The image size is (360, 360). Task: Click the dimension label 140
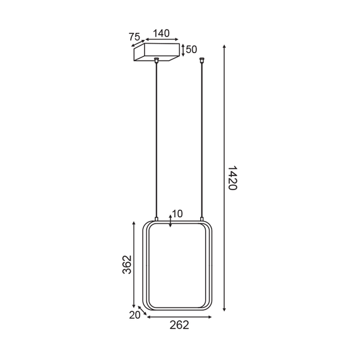pyautogui.click(x=161, y=33)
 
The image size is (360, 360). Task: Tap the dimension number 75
pyautogui.click(x=135, y=37)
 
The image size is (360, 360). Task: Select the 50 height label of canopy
pyautogui.click(x=191, y=49)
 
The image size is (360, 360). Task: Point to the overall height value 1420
pyautogui.click(x=232, y=178)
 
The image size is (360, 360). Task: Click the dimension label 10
pyautogui.click(x=177, y=214)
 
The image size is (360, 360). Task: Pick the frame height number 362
pyautogui.click(x=126, y=265)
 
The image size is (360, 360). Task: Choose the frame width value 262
pyautogui.click(x=180, y=325)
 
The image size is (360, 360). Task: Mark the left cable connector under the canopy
pyautogui.click(x=156, y=61)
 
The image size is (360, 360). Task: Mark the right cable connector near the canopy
pyautogui.click(x=202, y=61)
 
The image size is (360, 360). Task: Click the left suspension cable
pyautogui.click(x=156, y=139)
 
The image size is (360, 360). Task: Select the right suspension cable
pyautogui.click(x=202, y=139)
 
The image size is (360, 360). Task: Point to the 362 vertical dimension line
pyautogui.click(x=135, y=265)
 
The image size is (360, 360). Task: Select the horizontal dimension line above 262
pyautogui.click(x=180, y=316)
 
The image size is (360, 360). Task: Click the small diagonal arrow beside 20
pyautogui.click(x=143, y=310)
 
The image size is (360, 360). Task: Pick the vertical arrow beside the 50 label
pyautogui.click(x=183, y=50)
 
